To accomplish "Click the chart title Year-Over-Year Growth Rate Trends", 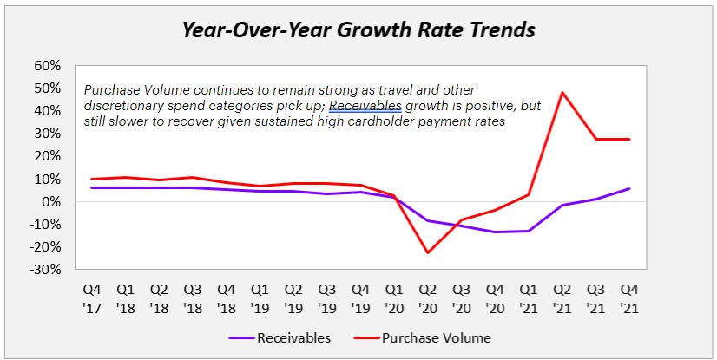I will click(x=358, y=30).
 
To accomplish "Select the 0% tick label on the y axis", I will click(x=51, y=201).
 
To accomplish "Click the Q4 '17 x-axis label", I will click(x=91, y=297).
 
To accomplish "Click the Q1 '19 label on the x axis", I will click(x=260, y=297).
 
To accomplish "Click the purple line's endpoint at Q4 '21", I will click(x=630, y=188).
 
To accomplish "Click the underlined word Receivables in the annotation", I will click(x=365, y=105).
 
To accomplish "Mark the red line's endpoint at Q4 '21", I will click(x=630, y=139).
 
